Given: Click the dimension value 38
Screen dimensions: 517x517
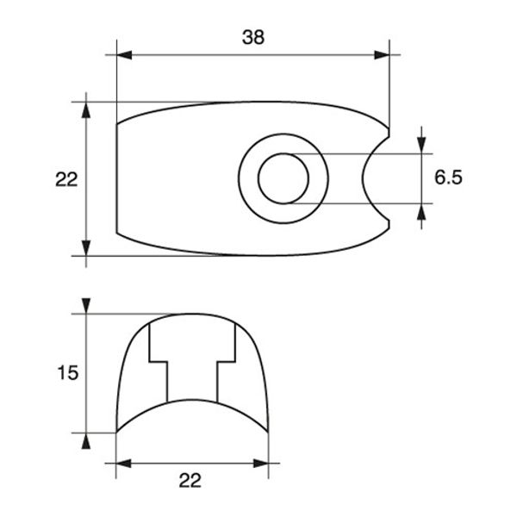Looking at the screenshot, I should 252,37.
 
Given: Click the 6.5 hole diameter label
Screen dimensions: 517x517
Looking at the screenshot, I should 448,178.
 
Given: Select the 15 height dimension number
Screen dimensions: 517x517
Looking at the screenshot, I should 67,373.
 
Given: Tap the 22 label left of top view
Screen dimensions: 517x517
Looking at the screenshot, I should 66,179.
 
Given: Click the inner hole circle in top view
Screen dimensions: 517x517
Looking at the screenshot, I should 283,179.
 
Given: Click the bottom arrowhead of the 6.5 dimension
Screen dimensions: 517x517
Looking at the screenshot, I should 421,212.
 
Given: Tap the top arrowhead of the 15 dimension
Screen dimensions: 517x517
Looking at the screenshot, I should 85,306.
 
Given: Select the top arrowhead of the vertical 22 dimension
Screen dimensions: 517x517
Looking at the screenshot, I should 85,109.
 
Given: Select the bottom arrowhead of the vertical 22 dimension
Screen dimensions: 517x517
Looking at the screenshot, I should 85,248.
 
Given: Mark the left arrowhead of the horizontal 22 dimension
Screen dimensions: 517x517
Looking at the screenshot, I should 124,464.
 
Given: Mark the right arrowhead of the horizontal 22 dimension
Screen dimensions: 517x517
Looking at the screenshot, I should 260,464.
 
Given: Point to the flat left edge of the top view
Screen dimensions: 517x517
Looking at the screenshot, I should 116,179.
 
